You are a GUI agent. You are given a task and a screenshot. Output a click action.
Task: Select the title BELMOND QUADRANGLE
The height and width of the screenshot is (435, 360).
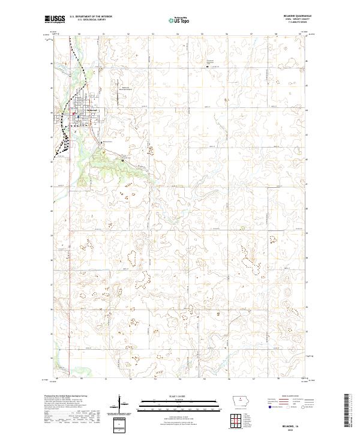pyautogui.click(x=293, y=17)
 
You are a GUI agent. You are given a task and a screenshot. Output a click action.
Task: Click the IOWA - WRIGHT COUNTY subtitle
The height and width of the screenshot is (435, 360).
pyautogui.click(x=293, y=20)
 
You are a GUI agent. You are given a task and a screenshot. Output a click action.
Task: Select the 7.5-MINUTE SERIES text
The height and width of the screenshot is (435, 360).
pyautogui.click(x=293, y=23)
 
